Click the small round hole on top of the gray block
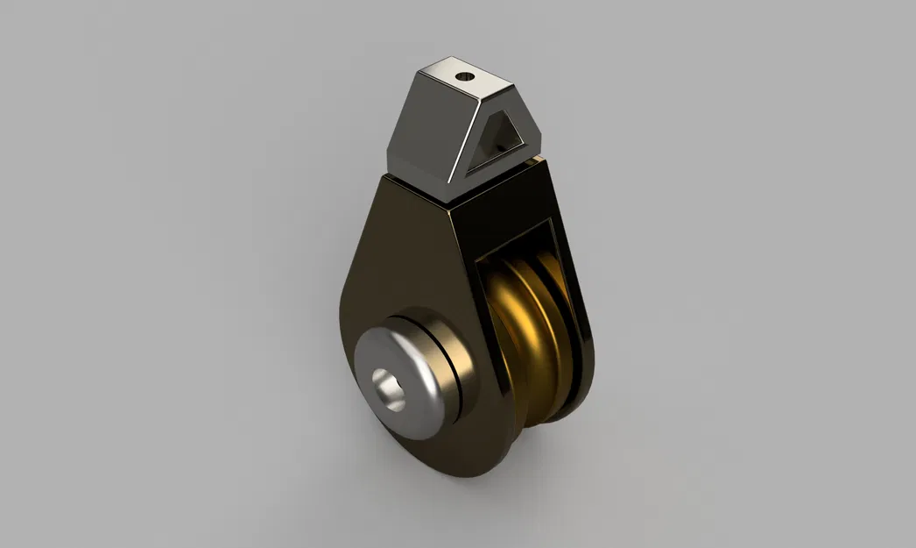[x=463, y=76]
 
